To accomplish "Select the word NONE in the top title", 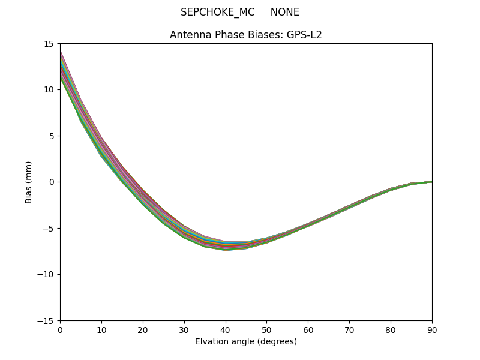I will pyautogui.click(x=285, y=13).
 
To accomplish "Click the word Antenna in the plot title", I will pyautogui.click(x=188, y=35).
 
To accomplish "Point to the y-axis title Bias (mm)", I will pyautogui.click(x=29, y=182).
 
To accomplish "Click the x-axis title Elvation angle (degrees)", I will pyautogui.click(x=246, y=342).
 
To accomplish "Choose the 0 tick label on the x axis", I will pyautogui.click(x=60, y=329).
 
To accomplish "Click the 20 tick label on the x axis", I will pyautogui.click(x=143, y=329).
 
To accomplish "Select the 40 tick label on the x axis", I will pyautogui.click(x=225, y=329).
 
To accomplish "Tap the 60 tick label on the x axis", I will pyautogui.click(x=308, y=329).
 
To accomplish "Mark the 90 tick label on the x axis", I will pyautogui.click(x=431, y=329).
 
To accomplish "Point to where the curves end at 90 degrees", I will pyautogui.click(x=431, y=182).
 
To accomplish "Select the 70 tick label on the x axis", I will pyautogui.click(x=349, y=329).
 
